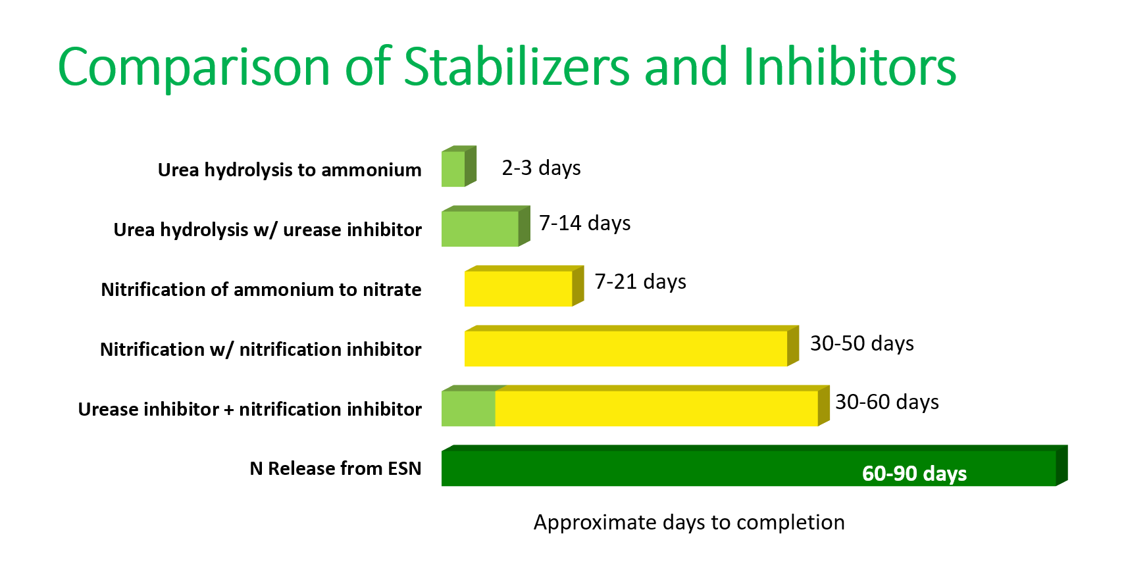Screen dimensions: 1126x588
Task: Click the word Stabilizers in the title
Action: coord(516,67)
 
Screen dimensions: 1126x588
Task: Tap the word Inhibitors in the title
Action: coord(850,67)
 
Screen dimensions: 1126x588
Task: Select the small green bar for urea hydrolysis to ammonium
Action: coord(459,166)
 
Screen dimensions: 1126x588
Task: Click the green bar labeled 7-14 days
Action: coord(486,226)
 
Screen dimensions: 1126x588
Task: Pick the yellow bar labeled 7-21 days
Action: coord(524,286)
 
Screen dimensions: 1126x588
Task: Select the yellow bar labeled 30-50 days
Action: coord(631,346)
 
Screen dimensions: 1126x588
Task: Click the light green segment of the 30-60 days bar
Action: coord(469,406)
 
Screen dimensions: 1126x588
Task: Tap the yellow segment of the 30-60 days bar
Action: coord(661,406)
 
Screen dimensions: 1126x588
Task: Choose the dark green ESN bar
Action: coord(755,466)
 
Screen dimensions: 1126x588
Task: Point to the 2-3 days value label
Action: coord(541,168)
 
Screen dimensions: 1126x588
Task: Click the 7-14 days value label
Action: coord(584,223)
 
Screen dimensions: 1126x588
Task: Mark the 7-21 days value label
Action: coord(640,282)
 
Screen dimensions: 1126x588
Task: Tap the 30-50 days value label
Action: coord(862,344)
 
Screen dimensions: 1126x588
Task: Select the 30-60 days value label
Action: coord(887,403)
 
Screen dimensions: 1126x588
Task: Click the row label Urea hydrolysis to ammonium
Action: coord(290,170)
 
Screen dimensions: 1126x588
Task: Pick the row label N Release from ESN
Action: coord(336,468)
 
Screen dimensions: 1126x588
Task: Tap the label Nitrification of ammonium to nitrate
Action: coord(261,290)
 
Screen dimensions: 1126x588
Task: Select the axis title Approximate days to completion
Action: coord(689,523)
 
